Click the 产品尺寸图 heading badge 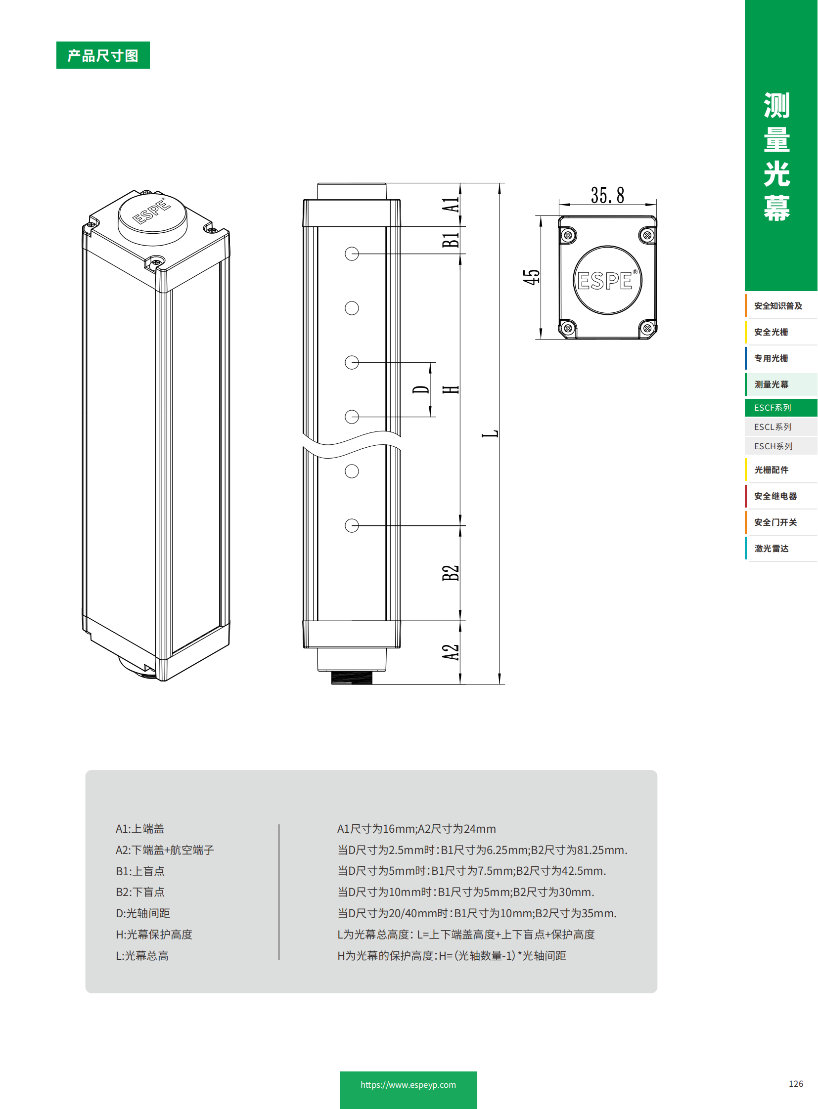click(102, 55)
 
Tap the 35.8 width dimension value click(607, 195)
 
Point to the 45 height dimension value click(531, 277)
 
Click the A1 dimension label click(451, 205)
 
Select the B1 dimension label click(451, 240)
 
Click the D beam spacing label click(421, 389)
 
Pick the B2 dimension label click(451, 573)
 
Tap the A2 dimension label click(451, 652)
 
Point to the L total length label click(490, 433)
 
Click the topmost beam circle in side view click(352, 254)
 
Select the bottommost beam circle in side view click(352, 525)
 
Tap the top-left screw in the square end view click(568, 235)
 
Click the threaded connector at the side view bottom click(351, 678)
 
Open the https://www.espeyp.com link click(408, 1084)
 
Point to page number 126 click(795, 1084)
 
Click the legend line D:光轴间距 click(142, 913)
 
